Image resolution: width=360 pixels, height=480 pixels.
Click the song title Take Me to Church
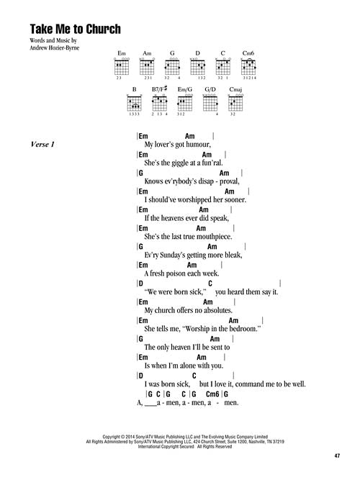point(76,29)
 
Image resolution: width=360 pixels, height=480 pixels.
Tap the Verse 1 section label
point(42,144)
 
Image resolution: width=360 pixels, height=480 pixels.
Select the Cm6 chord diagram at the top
point(248,65)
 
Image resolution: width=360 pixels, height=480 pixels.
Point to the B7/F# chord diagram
point(160,101)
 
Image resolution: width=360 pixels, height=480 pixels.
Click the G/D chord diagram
point(210,101)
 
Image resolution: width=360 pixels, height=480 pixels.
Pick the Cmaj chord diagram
point(235,101)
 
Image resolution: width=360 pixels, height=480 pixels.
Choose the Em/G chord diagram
point(185,101)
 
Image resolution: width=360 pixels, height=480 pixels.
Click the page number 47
point(337,456)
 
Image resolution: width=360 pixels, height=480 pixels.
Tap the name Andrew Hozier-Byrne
point(54,47)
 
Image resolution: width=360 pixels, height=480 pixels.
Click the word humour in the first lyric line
point(198,145)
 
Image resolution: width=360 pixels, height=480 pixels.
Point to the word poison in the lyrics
point(176,273)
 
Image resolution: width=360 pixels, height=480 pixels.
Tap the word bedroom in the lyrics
point(245,329)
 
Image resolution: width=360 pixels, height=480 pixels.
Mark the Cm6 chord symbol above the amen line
point(212,394)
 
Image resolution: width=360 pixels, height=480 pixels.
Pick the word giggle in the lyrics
point(179,163)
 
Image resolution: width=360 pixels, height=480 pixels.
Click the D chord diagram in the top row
point(197,65)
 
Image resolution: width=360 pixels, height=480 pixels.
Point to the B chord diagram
point(134,101)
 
